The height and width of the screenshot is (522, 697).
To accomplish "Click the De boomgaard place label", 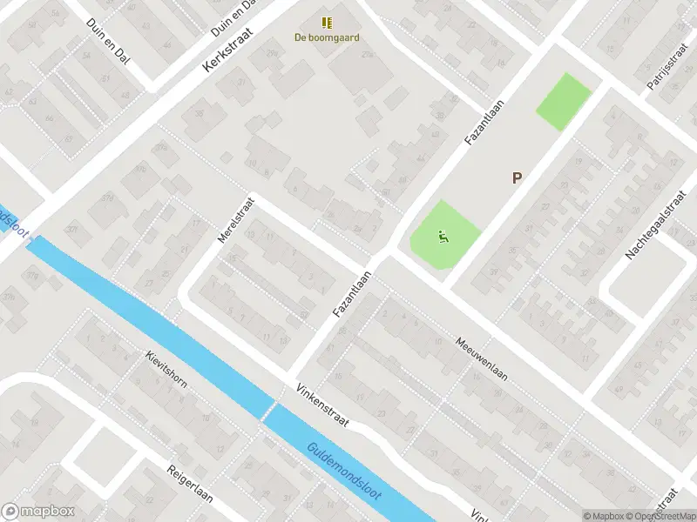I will point(327,37).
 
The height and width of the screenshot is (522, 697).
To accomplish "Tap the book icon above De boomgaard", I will point(327,23).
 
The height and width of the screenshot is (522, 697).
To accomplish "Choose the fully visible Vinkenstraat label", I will point(321,405).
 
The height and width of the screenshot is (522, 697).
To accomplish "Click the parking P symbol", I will point(517,177).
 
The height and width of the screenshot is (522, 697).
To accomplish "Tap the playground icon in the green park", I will point(443,234).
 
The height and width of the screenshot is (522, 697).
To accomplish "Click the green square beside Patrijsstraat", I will point(564,102).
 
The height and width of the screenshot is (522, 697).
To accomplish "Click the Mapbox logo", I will point(37,512).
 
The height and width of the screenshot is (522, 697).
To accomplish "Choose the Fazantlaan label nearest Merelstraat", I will point(353,292).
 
